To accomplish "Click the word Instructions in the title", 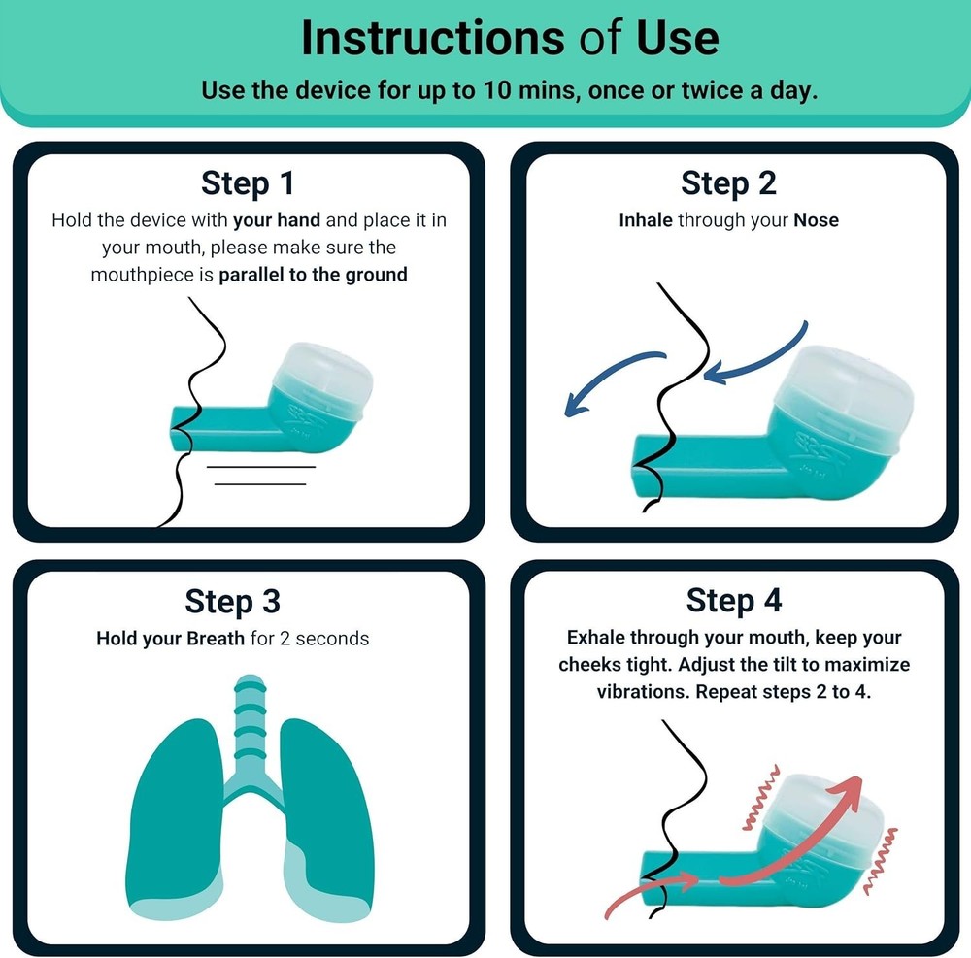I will pyautogui.click(x=430, y=37).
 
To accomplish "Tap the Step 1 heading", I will pyautogui.click(x=248, y=182).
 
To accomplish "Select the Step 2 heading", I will pyautogui.click(x=728, y=182).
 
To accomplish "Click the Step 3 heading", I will pyautogui.click(x=233, y=601).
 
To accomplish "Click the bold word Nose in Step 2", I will pyautogui.click(x=816, y=220).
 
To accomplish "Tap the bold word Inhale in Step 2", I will pyautogui.click(x=646, y=220).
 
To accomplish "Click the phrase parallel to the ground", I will pyautogui.click(x=313, y=275).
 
